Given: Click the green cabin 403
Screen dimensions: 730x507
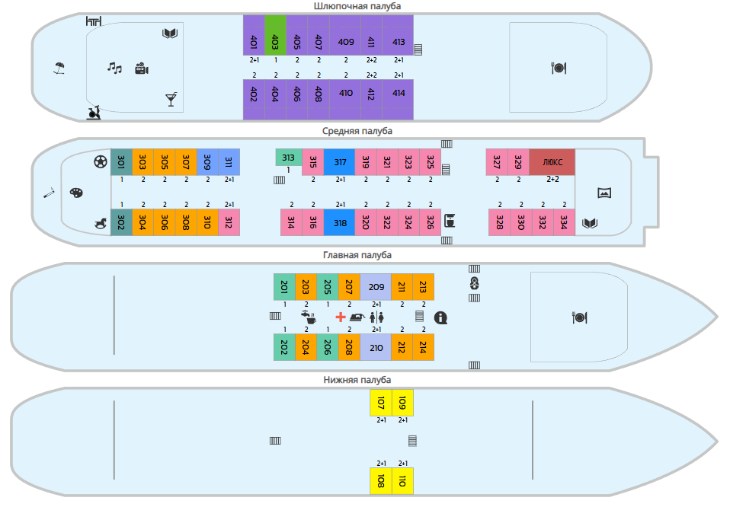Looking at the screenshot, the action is (x=275, y=35).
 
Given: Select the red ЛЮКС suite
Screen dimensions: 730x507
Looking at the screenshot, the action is (x=552, y=162).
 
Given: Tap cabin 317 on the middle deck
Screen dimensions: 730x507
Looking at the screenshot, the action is (x=339, y=162).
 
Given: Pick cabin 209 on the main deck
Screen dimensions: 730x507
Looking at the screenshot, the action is (x=376, y=287).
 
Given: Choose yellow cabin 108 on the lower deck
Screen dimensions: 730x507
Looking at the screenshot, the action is (x=381, y=481).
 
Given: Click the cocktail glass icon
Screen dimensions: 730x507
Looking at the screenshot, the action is (x=171, y=100).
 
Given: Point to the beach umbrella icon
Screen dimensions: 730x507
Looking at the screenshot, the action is (x=59, y=69).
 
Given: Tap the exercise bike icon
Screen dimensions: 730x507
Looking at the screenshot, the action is (x=94, y=113).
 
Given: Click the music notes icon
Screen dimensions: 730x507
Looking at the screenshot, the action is (x=114, y=68).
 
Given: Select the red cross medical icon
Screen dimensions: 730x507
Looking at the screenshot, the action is (x=341, y=317).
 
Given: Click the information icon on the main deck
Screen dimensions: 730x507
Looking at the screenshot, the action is (x=440, y=317).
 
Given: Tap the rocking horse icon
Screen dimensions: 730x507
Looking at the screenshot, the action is (x=101, y=224).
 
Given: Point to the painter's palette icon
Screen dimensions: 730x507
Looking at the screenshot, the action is (x=76, y=193).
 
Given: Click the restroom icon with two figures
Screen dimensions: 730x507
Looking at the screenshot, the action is (x=376, y=317).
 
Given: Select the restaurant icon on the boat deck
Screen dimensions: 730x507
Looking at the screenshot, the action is (x=559, y=68).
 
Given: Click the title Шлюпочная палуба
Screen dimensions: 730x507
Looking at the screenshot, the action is (x=357, y=6).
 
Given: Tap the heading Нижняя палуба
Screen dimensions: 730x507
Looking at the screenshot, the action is (x=357, y=380).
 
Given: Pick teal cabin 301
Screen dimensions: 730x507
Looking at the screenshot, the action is (x=121, y=162).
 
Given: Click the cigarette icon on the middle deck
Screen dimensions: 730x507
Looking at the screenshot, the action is (x=49, y=193).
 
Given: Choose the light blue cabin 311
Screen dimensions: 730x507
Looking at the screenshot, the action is (x=229, y=162).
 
